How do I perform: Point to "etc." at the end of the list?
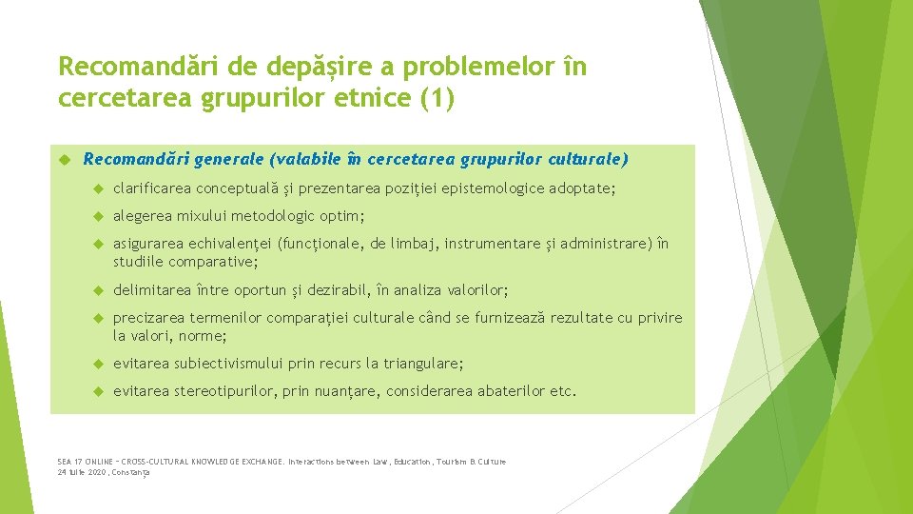click(x=563, y=391)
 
